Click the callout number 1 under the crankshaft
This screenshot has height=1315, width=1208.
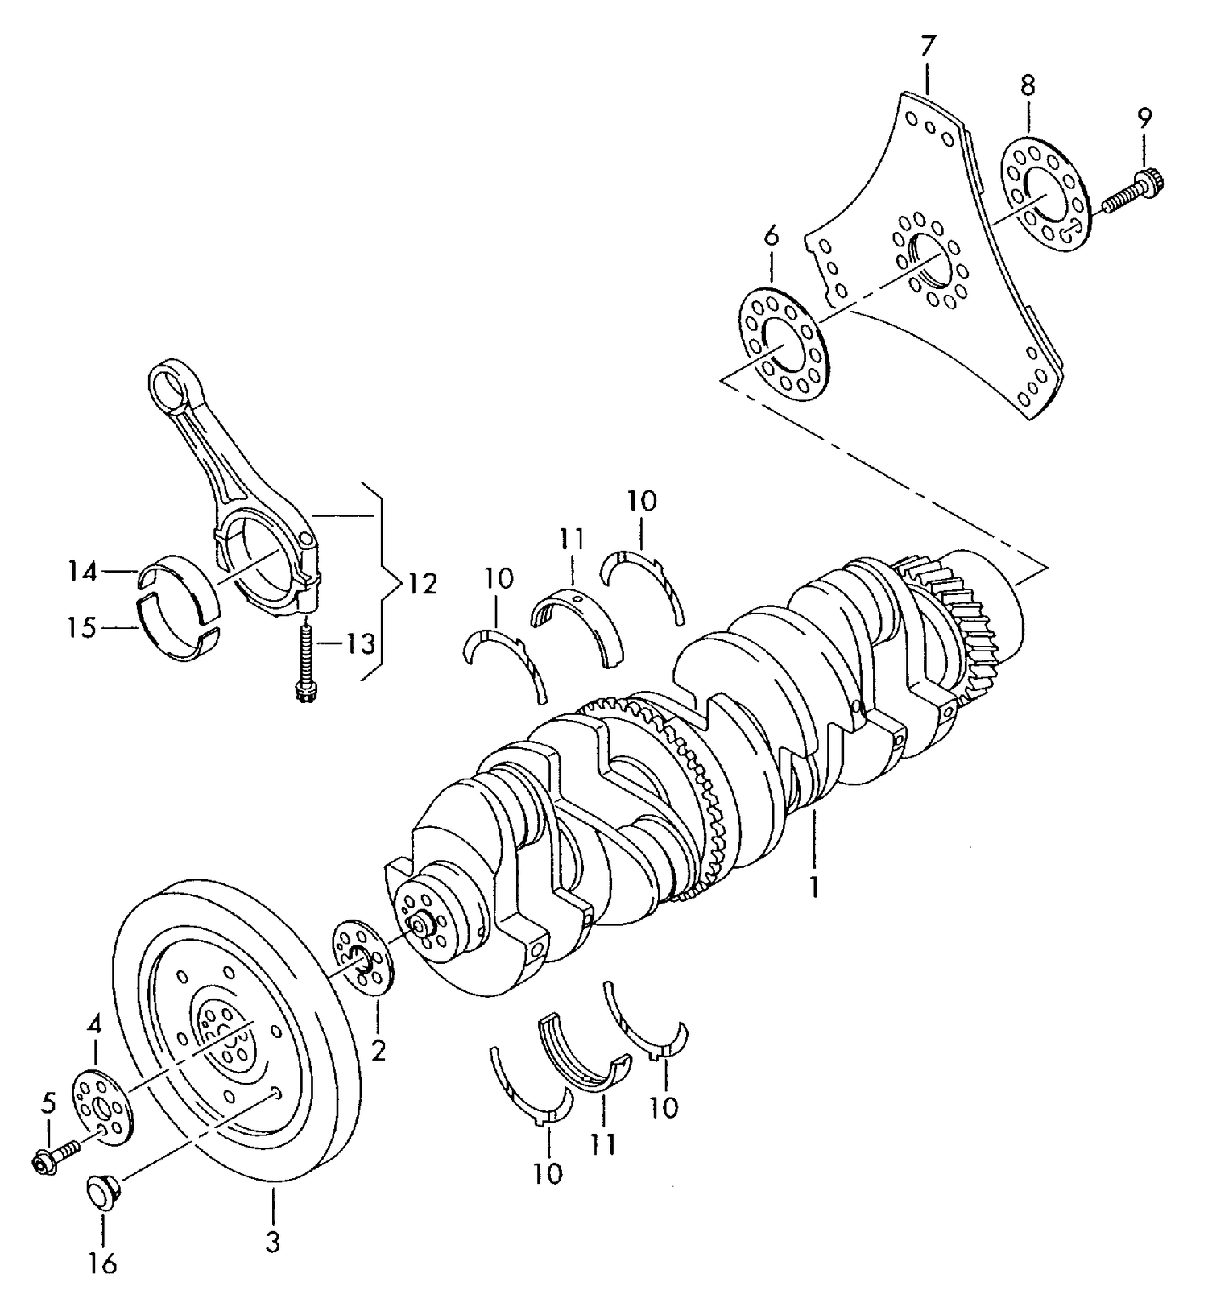[x=813, y=887]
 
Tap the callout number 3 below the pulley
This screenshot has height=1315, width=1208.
[x=273, y=1242]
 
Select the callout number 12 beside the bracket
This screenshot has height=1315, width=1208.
[x=422, y=583]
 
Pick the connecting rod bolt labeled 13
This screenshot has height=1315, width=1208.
[x=305, y=659]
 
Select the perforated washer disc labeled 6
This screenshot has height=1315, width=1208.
[x=782, y=344]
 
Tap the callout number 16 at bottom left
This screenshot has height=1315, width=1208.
[x=102, y=1263]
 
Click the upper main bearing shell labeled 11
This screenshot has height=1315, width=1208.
[x=578, y=617]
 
